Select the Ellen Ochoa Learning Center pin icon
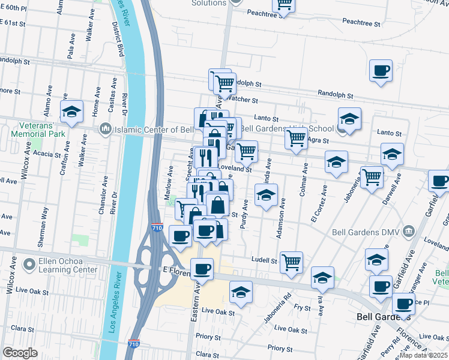click(29, 264)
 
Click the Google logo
click(20, 353)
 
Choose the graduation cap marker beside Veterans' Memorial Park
click(71, 112)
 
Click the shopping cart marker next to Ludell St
click(291, 262)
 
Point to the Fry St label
click(303, 308)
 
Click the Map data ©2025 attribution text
click(424, 355)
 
